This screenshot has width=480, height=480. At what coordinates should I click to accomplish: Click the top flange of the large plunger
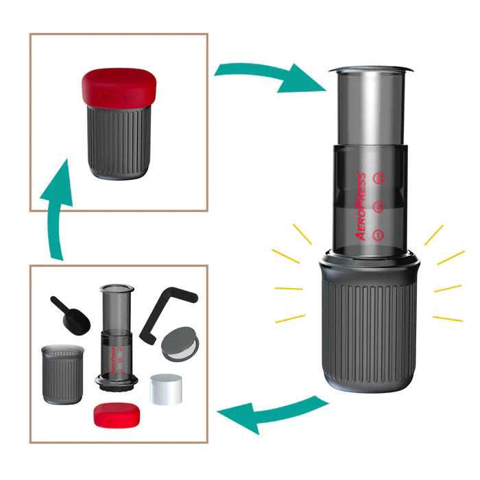tap(370, 70)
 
